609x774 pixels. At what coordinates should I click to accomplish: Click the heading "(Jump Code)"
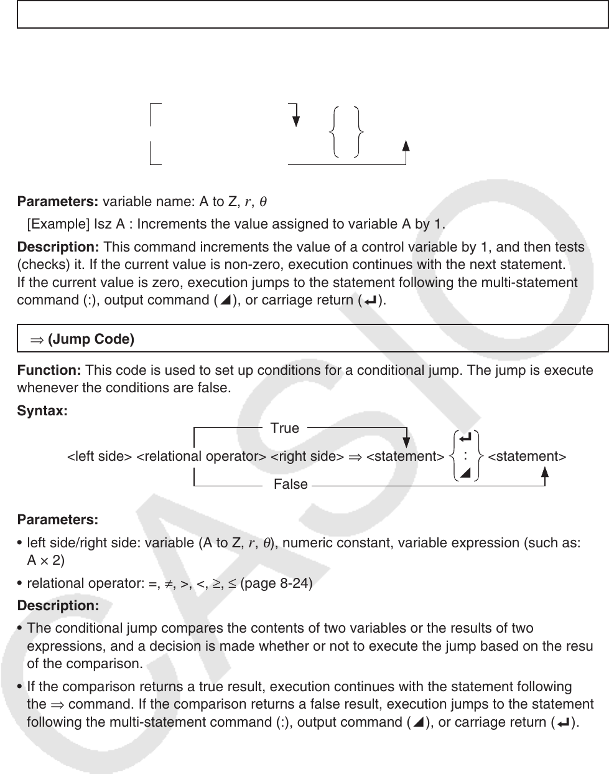[91, 339]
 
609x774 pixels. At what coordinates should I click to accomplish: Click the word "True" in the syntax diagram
[285, 428]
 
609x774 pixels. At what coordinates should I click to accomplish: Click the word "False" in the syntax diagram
[291, 484]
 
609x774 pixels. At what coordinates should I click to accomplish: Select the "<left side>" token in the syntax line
[99, 456]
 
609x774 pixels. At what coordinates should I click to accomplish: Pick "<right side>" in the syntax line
[307, 456]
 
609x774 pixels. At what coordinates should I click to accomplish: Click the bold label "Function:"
[49, 370]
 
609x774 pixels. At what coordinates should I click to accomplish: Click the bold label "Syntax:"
[42, 412]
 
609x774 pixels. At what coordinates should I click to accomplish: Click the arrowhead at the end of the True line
[406, 441]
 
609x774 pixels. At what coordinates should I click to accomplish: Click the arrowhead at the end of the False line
[545, 471]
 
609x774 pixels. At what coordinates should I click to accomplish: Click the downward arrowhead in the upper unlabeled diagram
[295, 119]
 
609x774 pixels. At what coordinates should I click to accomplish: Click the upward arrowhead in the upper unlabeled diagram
[406, 146]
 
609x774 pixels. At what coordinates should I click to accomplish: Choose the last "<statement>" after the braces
[527, 456]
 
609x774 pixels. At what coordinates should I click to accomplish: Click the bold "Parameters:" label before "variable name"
[58, 202]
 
